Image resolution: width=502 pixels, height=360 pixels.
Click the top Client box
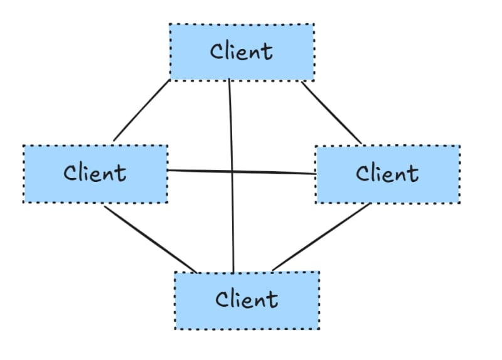pyautogui.click(x=242, y=52)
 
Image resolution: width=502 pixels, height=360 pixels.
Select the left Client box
pyautogui.click(x=95, y=174)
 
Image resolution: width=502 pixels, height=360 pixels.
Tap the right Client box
pyautogui.click(x=387, y=174)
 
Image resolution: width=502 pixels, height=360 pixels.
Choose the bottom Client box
pyautogui.click(x=247, y=300)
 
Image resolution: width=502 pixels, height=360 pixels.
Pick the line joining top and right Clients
pyautogui.click(x=332, y=113)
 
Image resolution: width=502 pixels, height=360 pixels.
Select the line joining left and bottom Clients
pyautogui.click(x=151, y=240)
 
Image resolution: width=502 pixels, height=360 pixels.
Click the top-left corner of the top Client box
pyautogui.click(x=170, y=25)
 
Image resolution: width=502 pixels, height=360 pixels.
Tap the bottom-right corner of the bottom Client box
pyautogui.click(x=319, y=329)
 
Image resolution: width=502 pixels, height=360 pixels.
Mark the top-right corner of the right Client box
pyautogui.click(x=459, y=147)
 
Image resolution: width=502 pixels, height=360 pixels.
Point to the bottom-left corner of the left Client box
pyautogui.click(x=24, y=202)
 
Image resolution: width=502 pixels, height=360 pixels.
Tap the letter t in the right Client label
pyautogui.click(x=414, y=174)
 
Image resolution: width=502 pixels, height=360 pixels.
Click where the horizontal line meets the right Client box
pyautogui.click(x=316, y=174)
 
